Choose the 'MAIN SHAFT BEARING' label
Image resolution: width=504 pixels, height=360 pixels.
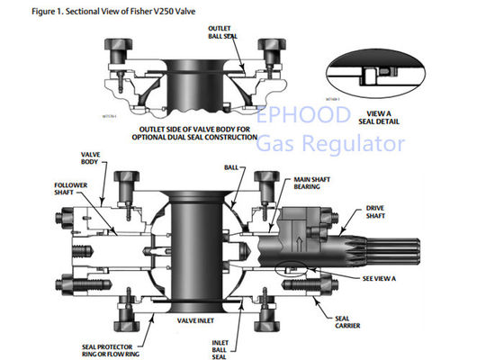(x=310, y=186)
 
